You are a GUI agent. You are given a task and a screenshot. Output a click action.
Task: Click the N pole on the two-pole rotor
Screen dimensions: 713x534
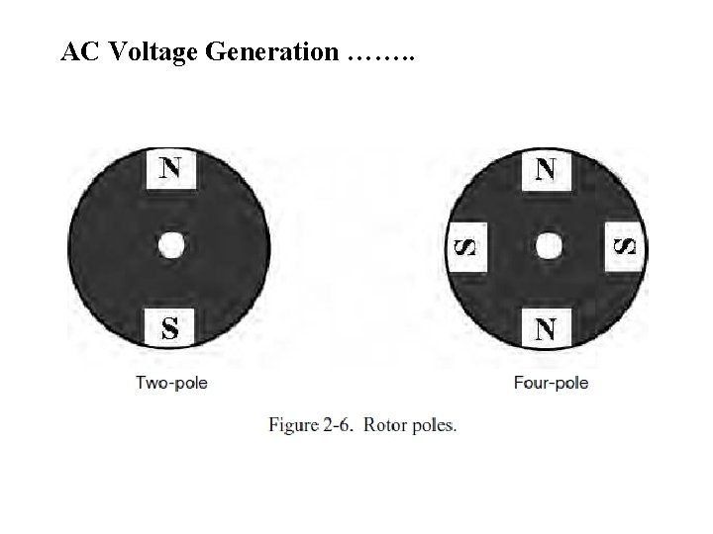170,167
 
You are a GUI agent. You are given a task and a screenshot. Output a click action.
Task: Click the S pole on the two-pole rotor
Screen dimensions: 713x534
170,327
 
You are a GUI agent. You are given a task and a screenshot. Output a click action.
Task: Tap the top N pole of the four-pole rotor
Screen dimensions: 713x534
546,168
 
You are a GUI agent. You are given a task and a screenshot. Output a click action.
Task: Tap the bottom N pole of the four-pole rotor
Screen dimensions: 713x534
546,327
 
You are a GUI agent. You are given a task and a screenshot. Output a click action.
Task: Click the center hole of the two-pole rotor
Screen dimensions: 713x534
171,246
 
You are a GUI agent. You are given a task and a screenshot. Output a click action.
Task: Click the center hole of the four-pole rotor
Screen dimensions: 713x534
546,246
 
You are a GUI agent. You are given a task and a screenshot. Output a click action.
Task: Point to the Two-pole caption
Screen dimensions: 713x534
171,383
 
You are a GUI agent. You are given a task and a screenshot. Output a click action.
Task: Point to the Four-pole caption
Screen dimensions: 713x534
551,383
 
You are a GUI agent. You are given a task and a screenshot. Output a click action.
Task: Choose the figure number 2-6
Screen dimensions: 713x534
342,426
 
